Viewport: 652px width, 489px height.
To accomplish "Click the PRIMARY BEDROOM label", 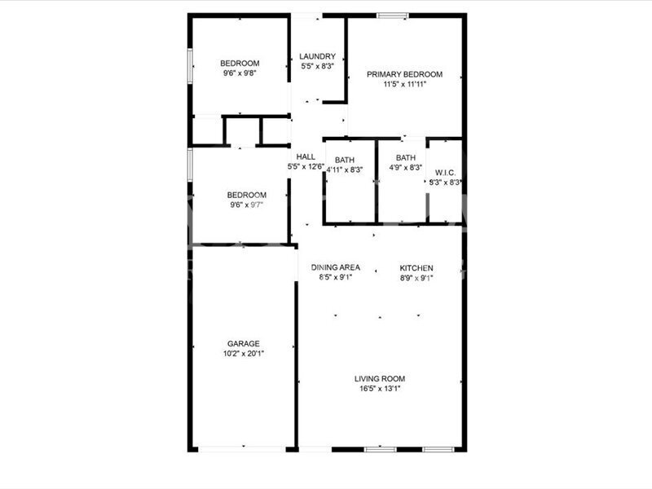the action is (404, 74).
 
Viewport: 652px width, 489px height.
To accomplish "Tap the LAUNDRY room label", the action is (317, 56).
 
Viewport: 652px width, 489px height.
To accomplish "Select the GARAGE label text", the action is (243, 344).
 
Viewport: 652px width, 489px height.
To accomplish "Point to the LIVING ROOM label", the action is (380, 379).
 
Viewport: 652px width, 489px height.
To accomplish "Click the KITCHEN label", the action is (416, 268).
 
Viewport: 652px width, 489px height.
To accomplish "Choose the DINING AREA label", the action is (336, 267).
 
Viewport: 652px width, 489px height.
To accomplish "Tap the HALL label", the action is (306, 156).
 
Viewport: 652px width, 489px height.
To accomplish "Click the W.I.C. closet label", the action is (445, 173).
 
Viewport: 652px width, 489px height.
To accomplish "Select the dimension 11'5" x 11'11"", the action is (404, 85).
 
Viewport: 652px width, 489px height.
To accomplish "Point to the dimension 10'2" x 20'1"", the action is (244, 354).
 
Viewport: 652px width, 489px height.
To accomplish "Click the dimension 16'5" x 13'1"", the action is (380, 389).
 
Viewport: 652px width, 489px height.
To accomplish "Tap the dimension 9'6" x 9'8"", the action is (240, 73).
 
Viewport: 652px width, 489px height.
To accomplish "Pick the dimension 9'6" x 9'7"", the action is (247, 205).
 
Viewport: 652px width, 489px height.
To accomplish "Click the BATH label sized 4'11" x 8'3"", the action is (345, 160).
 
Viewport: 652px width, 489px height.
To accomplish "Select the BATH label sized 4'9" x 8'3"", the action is (405, 158).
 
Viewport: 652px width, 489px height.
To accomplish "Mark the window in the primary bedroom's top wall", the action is (393, 15).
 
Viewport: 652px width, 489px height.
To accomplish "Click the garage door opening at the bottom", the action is (243, 450).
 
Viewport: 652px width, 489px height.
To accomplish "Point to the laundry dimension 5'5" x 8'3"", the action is (317, 66).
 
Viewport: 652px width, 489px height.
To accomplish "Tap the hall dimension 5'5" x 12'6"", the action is (306, 167).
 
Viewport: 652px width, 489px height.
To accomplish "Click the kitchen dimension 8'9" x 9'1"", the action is (416, 278).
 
